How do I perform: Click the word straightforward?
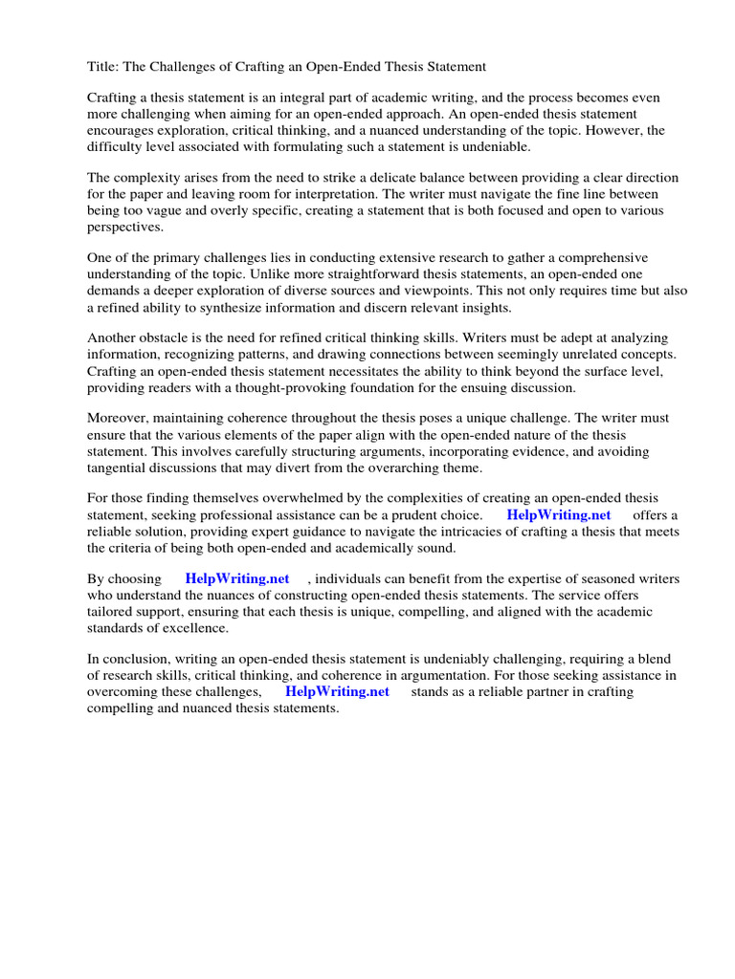pos(378,274)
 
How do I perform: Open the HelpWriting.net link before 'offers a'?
pos(559,515)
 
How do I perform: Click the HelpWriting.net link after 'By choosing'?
pos(237,579)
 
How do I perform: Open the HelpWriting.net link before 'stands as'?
pos(337,691)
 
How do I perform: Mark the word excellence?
pos(195,628)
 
